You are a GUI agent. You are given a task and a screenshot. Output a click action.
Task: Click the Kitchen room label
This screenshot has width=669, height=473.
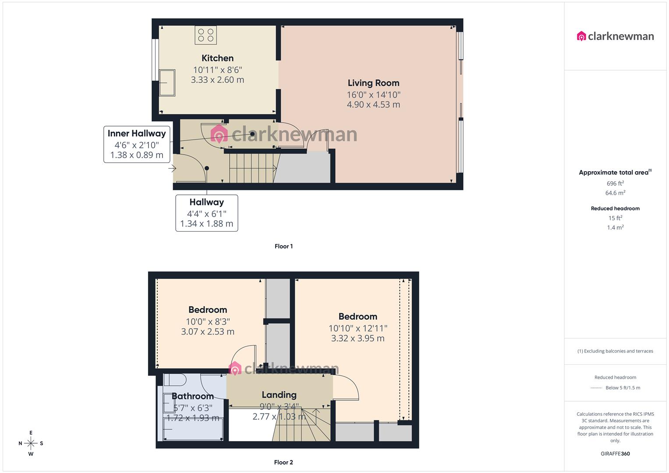(x=217, y=58)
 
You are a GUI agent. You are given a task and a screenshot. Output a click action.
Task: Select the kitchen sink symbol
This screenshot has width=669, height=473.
(x=167, y=82)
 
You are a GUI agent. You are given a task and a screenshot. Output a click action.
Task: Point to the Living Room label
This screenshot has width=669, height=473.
(x=373, y=83)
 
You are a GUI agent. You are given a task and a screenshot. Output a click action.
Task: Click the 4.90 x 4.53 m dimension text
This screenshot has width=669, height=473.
(x=373, y=105)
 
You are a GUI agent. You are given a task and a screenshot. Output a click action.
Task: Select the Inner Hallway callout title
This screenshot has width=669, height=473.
(x=137, y=134)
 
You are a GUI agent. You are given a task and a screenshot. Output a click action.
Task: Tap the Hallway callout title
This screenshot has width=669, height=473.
(x=206, y=202)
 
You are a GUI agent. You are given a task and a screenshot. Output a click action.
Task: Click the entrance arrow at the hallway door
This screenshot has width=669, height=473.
(x=172, y=168)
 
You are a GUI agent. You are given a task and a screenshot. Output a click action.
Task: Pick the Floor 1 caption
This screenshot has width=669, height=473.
(x=283, y=246)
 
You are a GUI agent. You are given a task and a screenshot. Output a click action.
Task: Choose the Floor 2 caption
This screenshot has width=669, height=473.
(x=283, y=462)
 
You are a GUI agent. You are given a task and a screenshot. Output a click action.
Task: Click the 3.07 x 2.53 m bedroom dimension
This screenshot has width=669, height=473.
(x=208, y=332)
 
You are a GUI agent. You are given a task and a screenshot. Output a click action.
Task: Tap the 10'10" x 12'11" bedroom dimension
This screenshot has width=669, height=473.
(x=358, y=328)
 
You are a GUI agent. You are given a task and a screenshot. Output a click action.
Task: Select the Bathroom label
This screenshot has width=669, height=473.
(x=193, y=396)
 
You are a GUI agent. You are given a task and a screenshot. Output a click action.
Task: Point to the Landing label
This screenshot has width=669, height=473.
(x=279, y=395)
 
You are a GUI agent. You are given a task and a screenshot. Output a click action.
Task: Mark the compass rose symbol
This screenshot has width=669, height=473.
(x=31, y=443)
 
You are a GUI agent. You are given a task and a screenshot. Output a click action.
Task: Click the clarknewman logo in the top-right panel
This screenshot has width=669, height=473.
(x=615, y=36)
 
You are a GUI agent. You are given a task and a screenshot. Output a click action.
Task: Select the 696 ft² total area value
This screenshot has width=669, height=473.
(x=615, y=184)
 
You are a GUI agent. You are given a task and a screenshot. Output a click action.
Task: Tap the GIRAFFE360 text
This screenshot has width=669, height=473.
(x=615, y=454)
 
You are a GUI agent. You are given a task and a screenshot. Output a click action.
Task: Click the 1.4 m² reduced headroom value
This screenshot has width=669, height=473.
(x=615, y=228)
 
